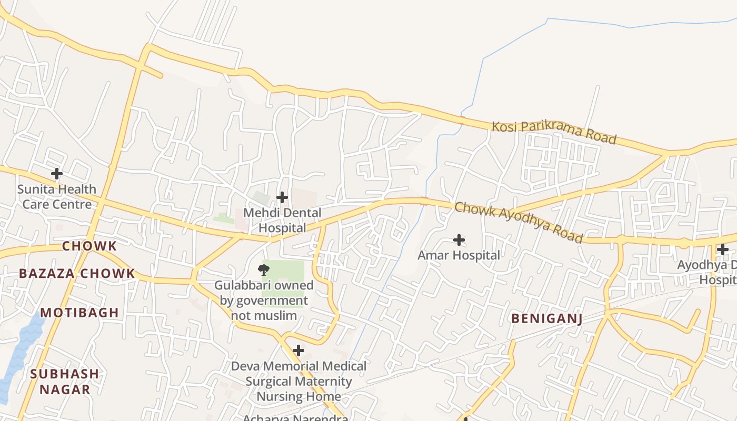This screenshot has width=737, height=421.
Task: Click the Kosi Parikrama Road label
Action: click(x=554, y=132)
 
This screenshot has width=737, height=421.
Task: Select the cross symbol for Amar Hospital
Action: click(x=459, y=240)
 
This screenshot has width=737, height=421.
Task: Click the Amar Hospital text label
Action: click(x=459, y=255)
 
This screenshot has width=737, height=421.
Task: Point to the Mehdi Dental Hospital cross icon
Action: click(x=282, y=197)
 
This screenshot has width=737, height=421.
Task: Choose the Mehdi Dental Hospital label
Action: click(x=282, y=220)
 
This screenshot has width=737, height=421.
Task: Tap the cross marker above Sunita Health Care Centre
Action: click(x=56, y=173)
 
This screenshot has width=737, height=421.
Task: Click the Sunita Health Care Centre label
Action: click(x=56, y=196)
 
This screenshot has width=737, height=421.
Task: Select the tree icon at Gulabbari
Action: click(x=264, y=270)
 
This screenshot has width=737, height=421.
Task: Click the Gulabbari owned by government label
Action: click(x=264, y=300)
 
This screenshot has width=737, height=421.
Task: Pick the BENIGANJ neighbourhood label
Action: click(x=547, y=318)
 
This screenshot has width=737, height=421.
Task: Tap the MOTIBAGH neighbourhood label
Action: click(x=79, y=313)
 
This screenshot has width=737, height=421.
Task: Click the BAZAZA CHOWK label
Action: click(x=77, y=274)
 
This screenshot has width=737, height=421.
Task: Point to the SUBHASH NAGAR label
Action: click(x=64, y=382)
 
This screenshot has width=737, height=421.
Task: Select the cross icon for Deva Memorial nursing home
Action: click(x=298, y=350)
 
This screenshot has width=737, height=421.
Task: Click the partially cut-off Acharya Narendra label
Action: click(x=295, y=417)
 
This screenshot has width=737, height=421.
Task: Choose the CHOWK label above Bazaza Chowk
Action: click(x=89, y=246)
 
